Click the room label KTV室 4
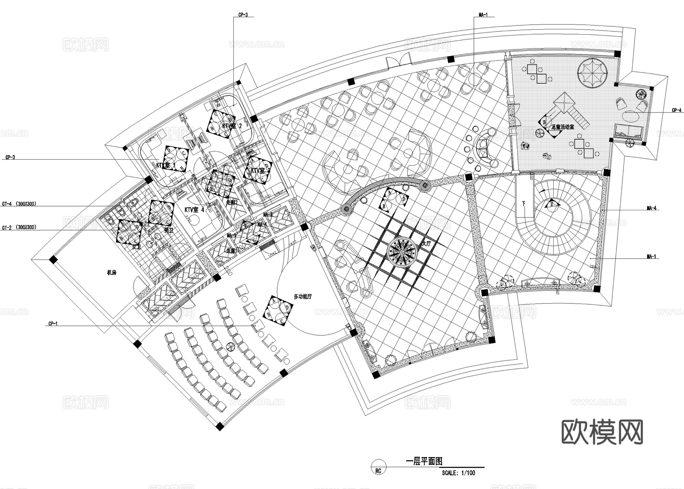tap(194, 210)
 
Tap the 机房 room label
tap(111, 273)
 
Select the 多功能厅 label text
tap(303, 296)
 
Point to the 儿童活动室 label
tap(562, 127)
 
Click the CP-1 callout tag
tap(53, 324)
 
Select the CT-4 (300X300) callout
tap(19, 204)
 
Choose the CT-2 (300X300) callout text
tap(19, 227)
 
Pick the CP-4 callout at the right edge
tap(677, 110)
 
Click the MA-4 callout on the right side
tap(651, 208)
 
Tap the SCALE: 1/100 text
tap(458, 473)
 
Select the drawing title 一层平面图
tap(424, 461)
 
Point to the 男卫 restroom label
tap(168, 230)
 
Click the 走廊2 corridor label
tap(232, 202)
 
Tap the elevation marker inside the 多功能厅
tap(278, 311)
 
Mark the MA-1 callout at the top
tap(483, 15)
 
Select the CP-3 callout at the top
tap(243, 15)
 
